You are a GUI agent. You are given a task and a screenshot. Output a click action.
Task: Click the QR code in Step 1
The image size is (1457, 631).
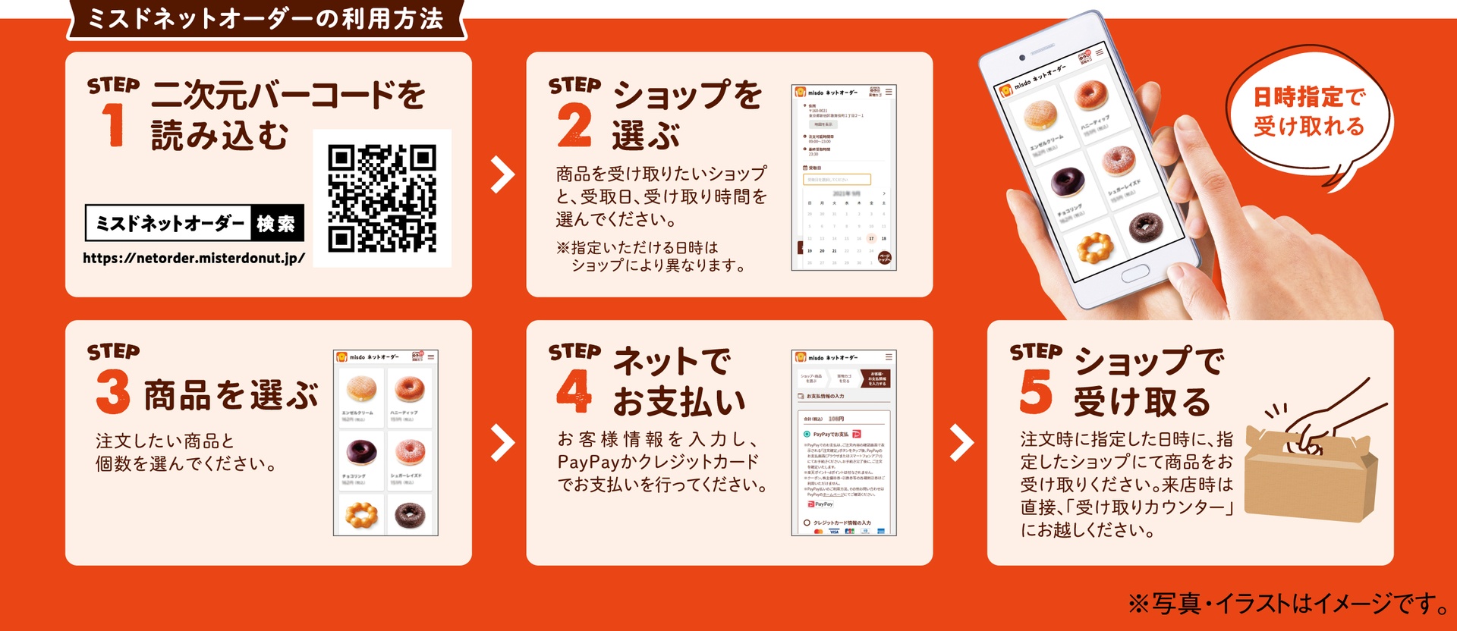pyautogui.click(x=382, y=198)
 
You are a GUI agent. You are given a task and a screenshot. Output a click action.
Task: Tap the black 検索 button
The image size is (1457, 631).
pyautogui.click(x=277, y=223)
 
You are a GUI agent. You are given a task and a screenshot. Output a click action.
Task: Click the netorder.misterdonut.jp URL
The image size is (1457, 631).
pyautogui.click(x=194, y=258)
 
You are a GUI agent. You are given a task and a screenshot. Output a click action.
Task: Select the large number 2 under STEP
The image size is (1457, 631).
pyautogui.click(x=574, y=126)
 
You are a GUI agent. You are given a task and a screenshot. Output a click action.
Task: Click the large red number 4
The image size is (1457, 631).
pyautogui.click(x=574, y=391)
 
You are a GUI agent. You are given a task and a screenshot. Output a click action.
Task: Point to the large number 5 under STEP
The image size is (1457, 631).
pyautogui.click(x=1035, y=391)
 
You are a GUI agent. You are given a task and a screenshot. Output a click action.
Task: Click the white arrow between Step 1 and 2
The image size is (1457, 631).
pyautogui.click(x=502, y=174)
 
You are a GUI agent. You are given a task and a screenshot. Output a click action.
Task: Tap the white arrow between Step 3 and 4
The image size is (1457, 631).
pyautogui.click(x=502, y=443)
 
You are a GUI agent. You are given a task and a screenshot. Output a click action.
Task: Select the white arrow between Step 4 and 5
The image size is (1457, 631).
pyautogui.click(x=961, y=443)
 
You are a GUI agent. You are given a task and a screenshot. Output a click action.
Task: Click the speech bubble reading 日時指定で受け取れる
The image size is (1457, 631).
pyautogui.click(x=1308, y=114)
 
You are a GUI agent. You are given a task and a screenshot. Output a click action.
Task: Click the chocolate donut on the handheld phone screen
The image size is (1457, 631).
pyautogui.click(x=1068, y=181)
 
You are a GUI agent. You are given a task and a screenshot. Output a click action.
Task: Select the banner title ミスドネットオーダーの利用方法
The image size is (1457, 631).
pyautogui.click(x=266, y=19)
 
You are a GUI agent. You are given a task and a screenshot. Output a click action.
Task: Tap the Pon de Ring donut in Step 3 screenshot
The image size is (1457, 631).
pyautogui.click(x=360, y=514)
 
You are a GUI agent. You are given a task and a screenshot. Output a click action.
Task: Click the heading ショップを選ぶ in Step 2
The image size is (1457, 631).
pyautogui.click(x=687, y=114)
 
